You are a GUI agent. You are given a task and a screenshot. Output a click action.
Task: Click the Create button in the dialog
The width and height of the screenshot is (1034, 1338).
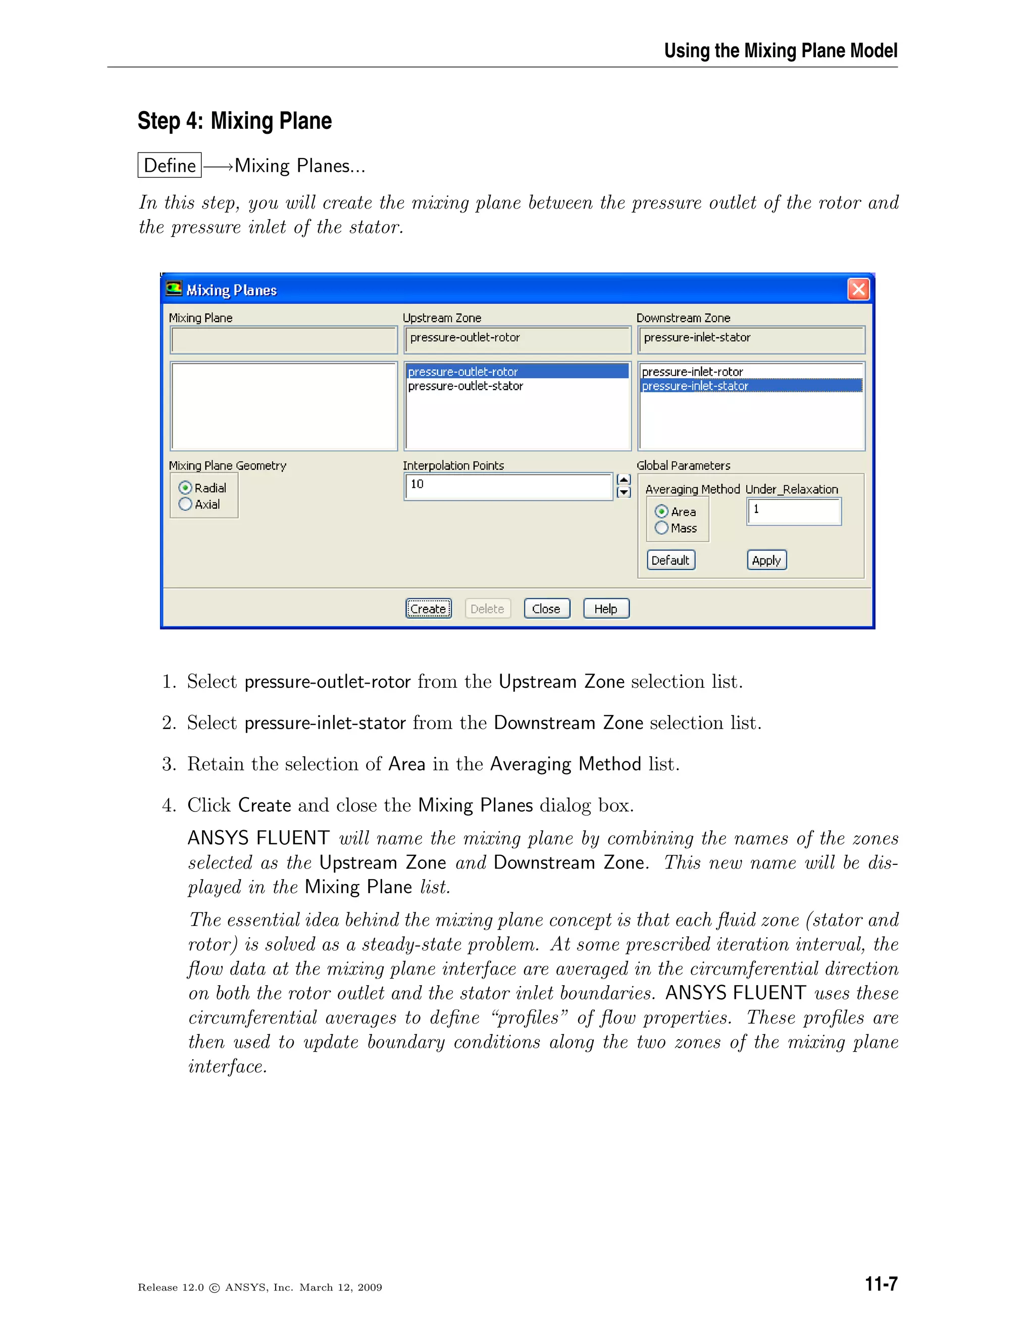(x=428, y=608)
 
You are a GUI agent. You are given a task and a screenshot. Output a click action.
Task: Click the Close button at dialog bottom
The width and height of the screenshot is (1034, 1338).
(x=546, y=608)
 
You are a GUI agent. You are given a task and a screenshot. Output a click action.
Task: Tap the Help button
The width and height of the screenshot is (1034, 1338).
(x=606, y=608)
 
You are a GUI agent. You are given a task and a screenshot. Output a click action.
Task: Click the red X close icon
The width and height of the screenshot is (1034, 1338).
(x=858, y=289)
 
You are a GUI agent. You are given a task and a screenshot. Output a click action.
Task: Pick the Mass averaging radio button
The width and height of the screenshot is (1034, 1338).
(x=661, y=528)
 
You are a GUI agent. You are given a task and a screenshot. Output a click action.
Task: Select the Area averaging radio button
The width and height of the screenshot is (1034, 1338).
(x=661, y=511)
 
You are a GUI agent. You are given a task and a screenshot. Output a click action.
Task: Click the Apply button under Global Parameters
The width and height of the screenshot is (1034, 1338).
(x=766, y=560)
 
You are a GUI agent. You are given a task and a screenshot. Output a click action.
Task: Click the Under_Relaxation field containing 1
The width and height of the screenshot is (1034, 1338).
(x=793, y=511)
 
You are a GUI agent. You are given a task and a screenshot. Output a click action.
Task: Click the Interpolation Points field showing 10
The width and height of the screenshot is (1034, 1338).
(x=508, y=486)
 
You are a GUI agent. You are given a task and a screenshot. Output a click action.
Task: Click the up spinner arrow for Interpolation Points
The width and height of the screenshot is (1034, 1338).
(x=624, y=479)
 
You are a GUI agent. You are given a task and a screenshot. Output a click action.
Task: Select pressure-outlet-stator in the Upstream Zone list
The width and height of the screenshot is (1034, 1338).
(x=466, y=386)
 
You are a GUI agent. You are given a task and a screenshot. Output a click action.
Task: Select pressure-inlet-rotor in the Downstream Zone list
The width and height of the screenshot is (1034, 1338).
(x=692, y=372)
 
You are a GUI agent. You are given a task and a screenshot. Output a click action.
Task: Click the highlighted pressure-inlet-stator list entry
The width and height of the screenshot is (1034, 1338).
(x=695, y=386)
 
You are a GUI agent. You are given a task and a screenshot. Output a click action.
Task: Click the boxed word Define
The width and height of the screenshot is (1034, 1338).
(x=170, y=166)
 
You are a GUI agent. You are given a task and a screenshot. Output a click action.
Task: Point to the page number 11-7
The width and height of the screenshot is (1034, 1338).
(x=881, y=1283)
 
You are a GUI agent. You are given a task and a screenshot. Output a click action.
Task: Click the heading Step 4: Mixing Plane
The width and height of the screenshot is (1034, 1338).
(x=235, y=121)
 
